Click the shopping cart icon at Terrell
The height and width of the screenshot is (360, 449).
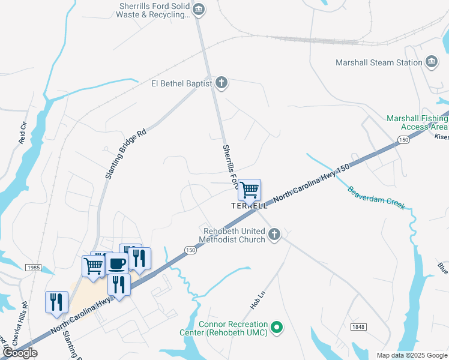point(249,190)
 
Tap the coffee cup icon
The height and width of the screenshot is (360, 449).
point(117,263)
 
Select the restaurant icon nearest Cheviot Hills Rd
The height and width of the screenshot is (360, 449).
point(57,302)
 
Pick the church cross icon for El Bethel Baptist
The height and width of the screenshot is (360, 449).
point(221,83)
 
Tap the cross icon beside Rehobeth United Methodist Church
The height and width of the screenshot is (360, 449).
point(274,234)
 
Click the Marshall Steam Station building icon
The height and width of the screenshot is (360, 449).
point(431,62)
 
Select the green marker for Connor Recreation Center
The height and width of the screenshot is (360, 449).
point(276,327)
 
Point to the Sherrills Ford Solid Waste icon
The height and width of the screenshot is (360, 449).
point(199,9)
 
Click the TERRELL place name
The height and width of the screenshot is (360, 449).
point(250,206)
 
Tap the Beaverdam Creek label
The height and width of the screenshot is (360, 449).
point(376,198)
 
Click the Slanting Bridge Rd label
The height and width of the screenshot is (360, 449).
point(125,154)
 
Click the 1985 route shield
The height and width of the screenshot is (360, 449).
point(34,267)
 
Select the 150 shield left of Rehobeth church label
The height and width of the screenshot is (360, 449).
point(190,250)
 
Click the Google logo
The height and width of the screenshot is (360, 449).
point(20,353)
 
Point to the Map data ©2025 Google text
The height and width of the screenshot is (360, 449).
point(412,355)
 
